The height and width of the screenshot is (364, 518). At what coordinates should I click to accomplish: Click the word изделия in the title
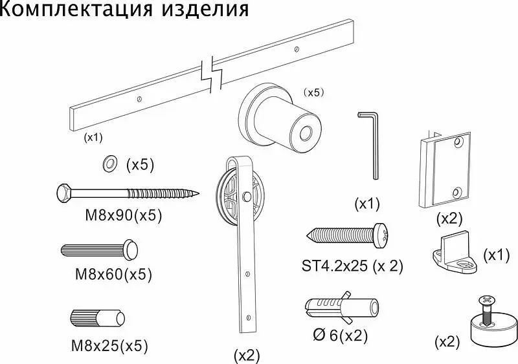point(205,9)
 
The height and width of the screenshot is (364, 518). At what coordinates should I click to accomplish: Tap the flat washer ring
point(110,164)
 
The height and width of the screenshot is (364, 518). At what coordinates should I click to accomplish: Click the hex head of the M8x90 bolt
point(63,193)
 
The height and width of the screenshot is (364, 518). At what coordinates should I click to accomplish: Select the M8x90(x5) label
point(124,215)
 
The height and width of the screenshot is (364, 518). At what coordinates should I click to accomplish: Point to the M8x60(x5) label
point(114,274)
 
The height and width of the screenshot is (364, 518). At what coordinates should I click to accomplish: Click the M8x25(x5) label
point(109,345)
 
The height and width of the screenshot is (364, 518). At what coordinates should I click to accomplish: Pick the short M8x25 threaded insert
point(98,318)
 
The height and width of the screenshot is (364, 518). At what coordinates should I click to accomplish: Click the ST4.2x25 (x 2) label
point(352,266)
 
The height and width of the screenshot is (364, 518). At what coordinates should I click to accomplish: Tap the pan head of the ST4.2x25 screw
point(381,235)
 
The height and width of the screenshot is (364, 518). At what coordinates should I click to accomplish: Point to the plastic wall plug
point(342,308)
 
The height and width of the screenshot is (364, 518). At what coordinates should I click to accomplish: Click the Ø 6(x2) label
point(341,336)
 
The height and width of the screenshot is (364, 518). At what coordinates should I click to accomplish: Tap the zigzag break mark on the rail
point(212,74)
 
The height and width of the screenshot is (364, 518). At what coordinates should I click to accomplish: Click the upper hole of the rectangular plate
point(458,143)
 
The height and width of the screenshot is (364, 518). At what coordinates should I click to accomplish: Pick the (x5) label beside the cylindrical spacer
point(313,92)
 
